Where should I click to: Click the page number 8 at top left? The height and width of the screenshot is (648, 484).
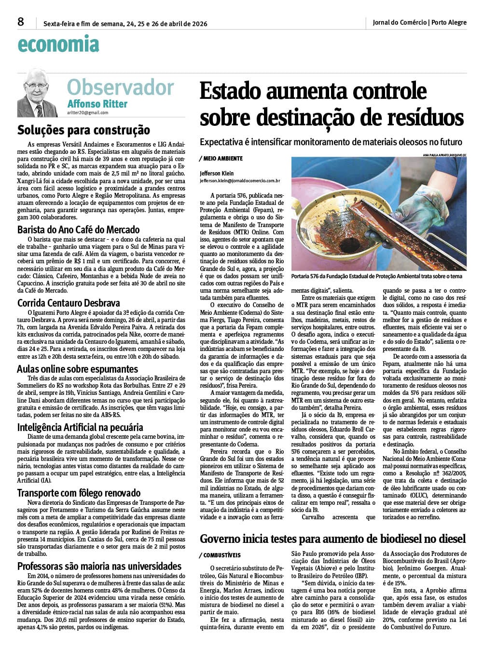(x=21, y=22)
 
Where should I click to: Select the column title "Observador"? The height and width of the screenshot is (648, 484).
(x=120, y=87)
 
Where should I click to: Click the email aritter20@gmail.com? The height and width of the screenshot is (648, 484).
(x=87, y=112)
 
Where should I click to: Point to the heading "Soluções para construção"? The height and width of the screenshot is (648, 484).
(x=83, y=130)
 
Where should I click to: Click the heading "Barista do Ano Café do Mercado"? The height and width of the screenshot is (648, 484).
(x=79, y=229)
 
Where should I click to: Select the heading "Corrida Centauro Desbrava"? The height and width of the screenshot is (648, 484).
(x=69, y=303)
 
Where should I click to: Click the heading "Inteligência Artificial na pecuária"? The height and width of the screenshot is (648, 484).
(x=80, y=427)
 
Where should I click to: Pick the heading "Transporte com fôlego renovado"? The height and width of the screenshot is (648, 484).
(x=79, y=493)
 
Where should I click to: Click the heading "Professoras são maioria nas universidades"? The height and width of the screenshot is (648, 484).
(x=99, y=566)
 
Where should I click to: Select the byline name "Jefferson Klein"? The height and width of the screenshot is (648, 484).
(x=216, y=174)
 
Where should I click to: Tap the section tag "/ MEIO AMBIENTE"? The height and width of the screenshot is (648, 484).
(x=221, y=159)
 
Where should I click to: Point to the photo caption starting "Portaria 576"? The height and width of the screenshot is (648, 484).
(x=377, y=276)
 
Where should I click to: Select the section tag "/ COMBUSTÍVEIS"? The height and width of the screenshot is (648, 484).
(x=220, y=555)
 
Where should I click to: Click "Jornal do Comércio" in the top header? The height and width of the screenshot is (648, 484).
(x=400, y=22)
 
